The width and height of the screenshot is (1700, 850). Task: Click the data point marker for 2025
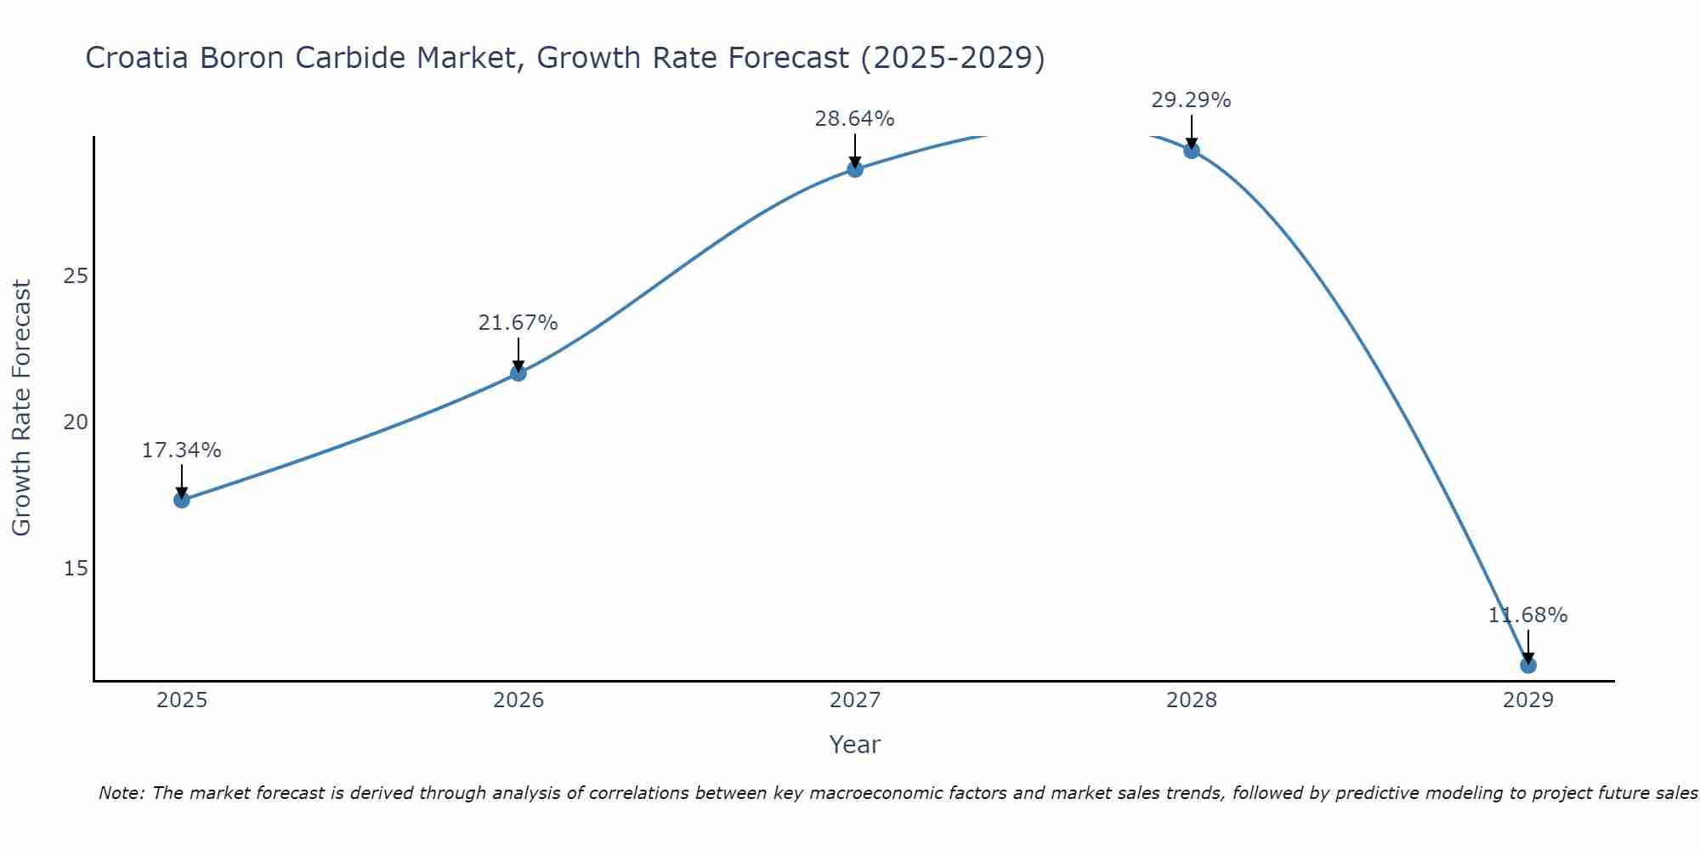point(182,500)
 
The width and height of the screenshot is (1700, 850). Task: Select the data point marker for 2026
point(518,373)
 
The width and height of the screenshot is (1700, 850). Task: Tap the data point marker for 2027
point(855,169)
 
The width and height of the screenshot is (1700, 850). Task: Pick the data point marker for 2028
point(1192,150)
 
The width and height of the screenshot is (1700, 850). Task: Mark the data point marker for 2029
point(1528,665)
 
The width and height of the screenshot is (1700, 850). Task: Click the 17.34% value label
point(182,450)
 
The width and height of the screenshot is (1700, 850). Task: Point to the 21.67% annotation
point(518,323)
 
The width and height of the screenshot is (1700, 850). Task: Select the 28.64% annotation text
point(855,119)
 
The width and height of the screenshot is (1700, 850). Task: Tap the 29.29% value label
point(1192,100)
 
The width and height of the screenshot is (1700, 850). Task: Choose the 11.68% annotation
point(1528,615)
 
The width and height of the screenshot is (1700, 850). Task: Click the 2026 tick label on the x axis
point(518,700)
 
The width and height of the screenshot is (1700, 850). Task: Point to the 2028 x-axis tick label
point(1192,700)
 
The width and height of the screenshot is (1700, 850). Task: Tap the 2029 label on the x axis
point(1528,700)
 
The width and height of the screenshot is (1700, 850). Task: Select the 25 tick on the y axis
point(76,276)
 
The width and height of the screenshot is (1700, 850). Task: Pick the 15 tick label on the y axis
point(76,568)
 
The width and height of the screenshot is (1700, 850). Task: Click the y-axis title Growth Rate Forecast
point(22,408)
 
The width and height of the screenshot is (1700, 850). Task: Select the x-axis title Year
point(855,745)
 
